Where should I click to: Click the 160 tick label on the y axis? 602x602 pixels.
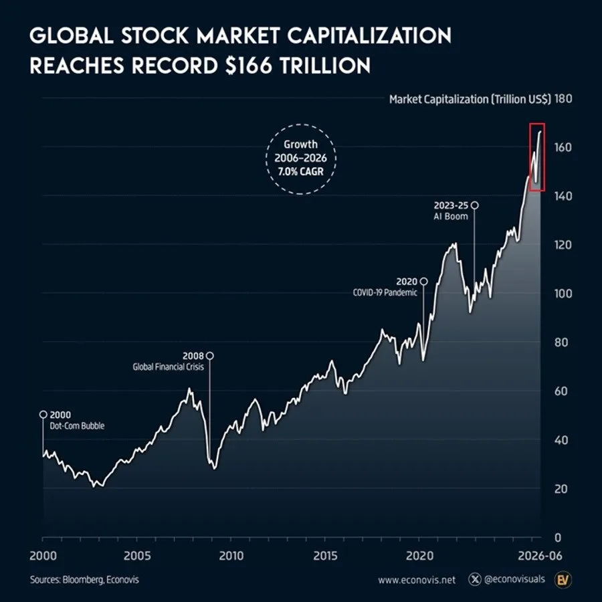coord(563,147)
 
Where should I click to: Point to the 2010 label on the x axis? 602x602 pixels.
coord(231,556)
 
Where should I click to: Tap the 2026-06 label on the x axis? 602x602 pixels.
coord(540,556)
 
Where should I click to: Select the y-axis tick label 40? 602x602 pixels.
coord(561,440)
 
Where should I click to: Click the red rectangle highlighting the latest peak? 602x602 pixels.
coord(530,157)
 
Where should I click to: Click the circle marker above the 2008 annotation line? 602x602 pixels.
coord(209,356)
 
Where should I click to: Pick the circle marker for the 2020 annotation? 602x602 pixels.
coord(424,282)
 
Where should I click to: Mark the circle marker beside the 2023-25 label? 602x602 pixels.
coord(474,205)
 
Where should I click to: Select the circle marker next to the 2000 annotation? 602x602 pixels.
coord(43,414)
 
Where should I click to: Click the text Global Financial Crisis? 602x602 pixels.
coord(168,367)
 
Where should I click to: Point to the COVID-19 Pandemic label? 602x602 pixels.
coord(385,292)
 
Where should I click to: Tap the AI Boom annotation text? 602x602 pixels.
coord(451,217)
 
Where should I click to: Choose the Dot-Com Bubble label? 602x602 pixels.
coord(77,426)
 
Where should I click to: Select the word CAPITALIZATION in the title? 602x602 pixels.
coord(369,35)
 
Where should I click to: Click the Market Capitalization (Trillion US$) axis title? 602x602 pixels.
coord(470,100)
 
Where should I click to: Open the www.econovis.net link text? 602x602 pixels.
coord(417,580)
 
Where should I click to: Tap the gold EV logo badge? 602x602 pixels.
coord(563,579)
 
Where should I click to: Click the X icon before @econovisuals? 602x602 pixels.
coord(475,579)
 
